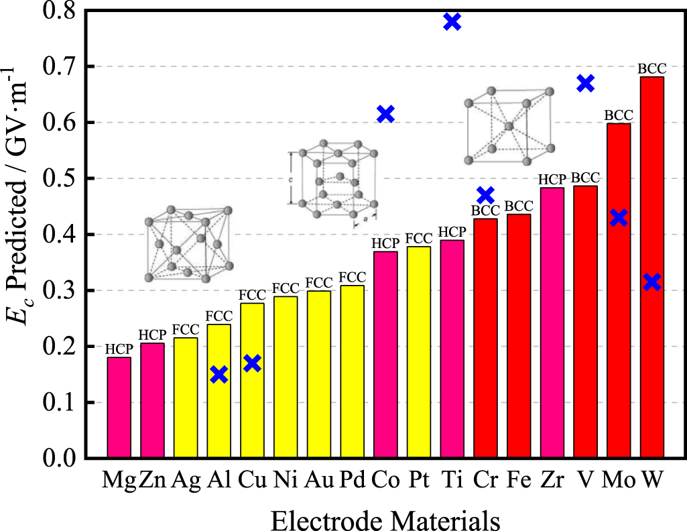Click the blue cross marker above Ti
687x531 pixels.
pos(452,21)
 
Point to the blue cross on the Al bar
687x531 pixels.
pos(219,375)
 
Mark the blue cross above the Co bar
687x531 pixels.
pos(385,114)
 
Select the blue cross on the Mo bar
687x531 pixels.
pos(619,218)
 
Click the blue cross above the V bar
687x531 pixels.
pos(585,83)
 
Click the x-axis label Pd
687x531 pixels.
pos(353,480)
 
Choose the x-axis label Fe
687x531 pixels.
pos(519,480)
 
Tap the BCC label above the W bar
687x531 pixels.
pos(651,68)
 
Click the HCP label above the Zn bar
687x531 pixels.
pos(153,335)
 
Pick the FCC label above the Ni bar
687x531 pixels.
pos(286,288)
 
